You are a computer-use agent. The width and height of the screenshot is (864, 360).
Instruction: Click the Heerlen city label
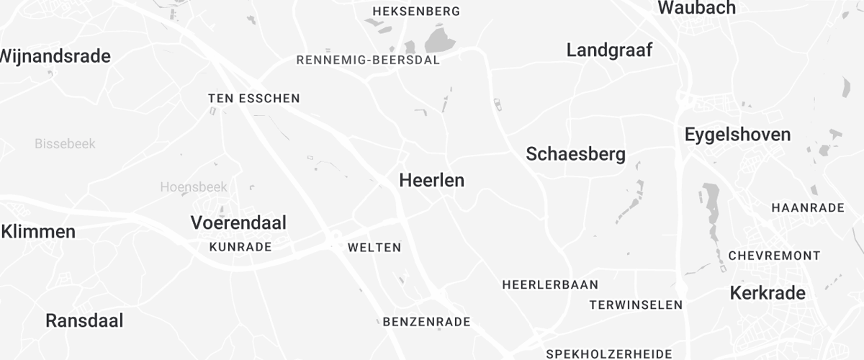pyautogui.click(x=431, y=181)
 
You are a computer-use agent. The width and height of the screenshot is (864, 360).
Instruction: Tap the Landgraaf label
pyautogui.click(x=609, y=50)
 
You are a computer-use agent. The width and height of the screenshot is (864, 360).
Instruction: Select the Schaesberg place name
pyautogui.click(x=575, y=154)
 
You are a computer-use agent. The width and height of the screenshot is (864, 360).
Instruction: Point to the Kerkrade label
pyautogui.click(x=768, y=293)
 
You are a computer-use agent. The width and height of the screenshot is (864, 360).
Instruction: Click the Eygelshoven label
pyautogui.click(x=737, y=135)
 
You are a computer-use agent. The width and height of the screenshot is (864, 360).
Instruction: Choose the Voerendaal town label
pyautogui.click(x=238, y=223)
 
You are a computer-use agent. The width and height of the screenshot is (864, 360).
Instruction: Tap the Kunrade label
pyautogui.click(x=240, y=247)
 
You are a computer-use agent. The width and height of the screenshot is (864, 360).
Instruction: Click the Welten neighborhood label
pyautogui.click(x=374, y=248)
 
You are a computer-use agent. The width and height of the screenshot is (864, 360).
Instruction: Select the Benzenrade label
pyautogui.click(x=426, y=322)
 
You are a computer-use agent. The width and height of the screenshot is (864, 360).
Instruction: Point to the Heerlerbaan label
pyautogui.click(x=550, y=284)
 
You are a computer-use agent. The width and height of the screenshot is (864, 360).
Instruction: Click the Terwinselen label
pyautogui.click(x=636, y=305)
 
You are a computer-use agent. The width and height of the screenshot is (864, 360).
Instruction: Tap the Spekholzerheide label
pyautogui.click(x=609, y=354)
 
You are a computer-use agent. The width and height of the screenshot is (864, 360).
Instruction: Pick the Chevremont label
pyautogui.click(x=774, y=256)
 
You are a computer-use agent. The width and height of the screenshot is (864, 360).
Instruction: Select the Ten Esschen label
pyautogui.click(x=253, y=98)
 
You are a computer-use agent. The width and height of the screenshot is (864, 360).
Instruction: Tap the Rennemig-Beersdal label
pyautogui.click(x=368, y=60)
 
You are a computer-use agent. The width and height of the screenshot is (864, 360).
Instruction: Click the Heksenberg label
pyautogui.click(x=417, y=12)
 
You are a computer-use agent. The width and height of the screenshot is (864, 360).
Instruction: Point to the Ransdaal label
pyautogui.click(x=84, y=320)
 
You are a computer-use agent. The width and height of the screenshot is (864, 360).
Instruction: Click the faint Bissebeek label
pyautogui.click(x=64, y=144)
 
